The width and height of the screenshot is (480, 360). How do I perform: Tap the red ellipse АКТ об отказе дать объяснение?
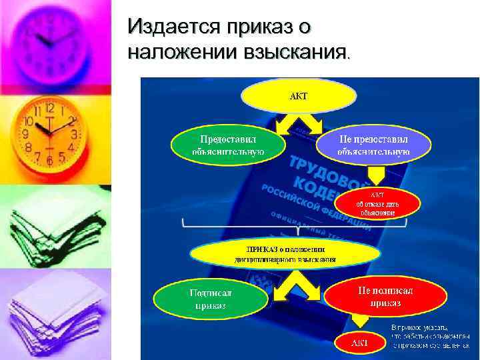[379, 203]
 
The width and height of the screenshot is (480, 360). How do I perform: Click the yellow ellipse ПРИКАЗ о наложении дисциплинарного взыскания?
[285, 253]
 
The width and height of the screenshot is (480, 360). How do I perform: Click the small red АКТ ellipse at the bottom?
[360, 343]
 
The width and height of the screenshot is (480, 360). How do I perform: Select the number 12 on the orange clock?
[50, 108]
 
